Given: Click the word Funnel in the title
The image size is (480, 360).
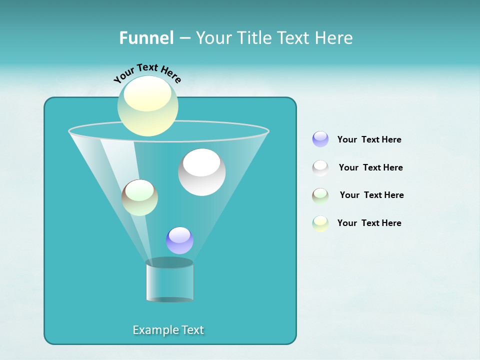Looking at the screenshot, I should click(146, 38).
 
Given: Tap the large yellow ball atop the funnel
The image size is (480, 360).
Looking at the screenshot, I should click(147, 106).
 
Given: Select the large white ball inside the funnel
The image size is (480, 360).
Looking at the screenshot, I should click(201, 172).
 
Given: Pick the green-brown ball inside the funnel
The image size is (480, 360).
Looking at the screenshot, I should click(139, 197).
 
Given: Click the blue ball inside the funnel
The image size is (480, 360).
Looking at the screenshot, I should click(179, 240).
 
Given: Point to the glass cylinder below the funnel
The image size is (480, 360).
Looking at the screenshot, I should click(169, 282).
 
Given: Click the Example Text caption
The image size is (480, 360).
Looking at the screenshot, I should click(168, 330).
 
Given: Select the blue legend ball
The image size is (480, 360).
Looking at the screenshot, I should click(320, 139).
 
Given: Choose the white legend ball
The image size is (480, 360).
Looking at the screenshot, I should click(320, 167).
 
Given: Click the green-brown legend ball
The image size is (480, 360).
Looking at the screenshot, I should click(320, 195).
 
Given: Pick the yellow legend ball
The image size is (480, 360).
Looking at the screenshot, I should click(320, 223).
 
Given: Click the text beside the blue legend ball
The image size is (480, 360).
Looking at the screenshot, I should click(369, 139).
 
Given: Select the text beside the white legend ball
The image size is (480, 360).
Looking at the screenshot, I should click(370, 167).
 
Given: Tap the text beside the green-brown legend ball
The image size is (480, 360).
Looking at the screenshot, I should click(371, 195).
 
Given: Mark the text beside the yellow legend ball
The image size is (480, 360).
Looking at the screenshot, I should click(369, 223).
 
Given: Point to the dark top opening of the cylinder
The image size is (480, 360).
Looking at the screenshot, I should click(169, 262).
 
